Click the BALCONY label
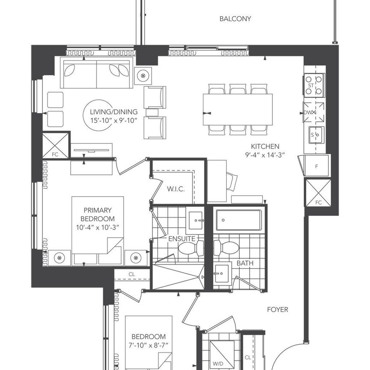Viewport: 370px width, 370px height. pyautogui.click(x=235, y=19)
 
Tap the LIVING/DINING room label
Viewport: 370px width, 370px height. pyautogui.click(x=113, y=112)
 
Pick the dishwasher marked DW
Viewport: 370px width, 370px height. pyautogui.click(x=314, y=113)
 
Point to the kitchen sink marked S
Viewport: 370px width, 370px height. pyautogui.click(x=314, y=135)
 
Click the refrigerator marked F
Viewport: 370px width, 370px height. pyautogui.click(x=316, y=165)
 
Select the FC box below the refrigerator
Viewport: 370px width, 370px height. pyautogui.click(x=318, y=192)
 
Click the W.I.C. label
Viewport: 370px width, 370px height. pyautogui.click(x=176, y=189)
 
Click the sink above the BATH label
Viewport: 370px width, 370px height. pyautogui.click(x=223, y=273)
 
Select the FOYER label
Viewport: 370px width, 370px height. pyautogui.click(x=277, y=310)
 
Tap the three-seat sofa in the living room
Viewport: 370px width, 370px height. pyautogui.click(x=96, y=74)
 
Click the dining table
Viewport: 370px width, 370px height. pyautogui.click(x=238, y=109)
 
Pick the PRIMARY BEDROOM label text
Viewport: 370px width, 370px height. pyautogui.click(x=98, y=214)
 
